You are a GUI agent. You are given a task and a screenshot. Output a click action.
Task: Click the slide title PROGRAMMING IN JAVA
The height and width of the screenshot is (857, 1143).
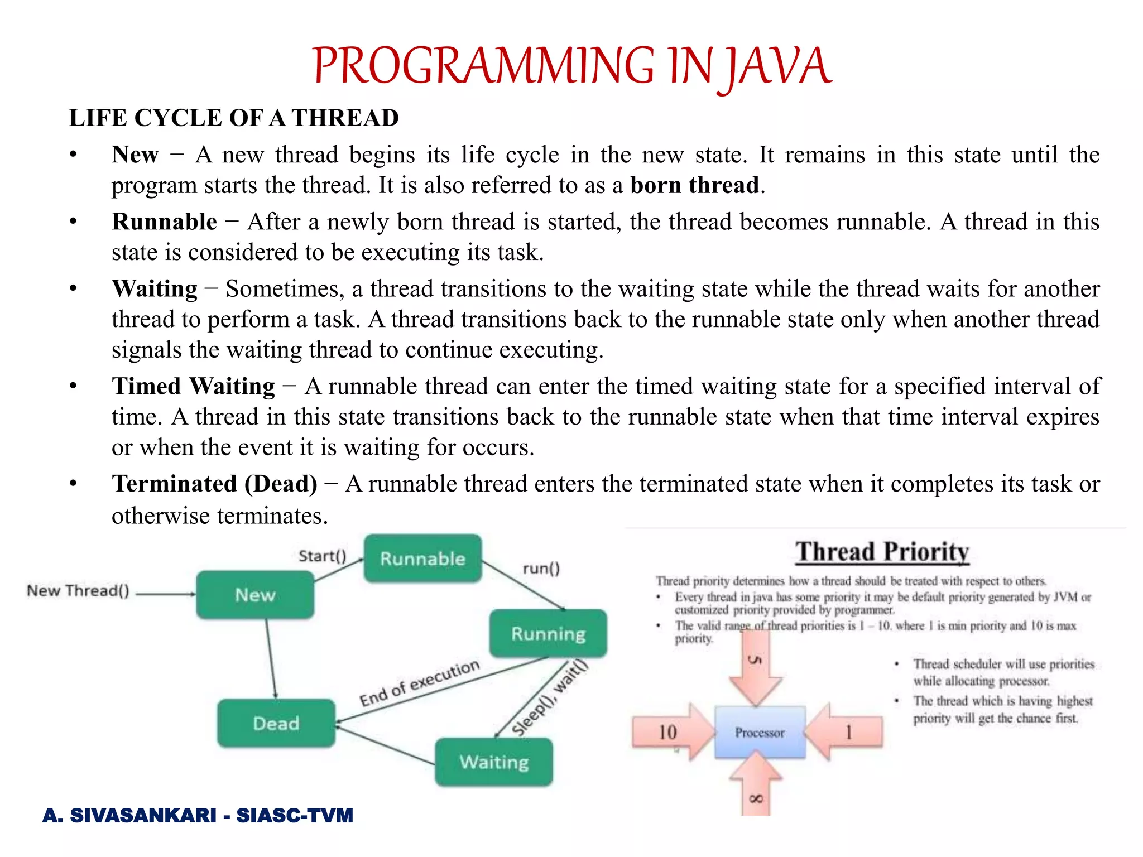[571, 66]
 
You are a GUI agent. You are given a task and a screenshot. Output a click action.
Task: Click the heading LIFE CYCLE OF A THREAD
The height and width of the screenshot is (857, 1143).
[234, 118]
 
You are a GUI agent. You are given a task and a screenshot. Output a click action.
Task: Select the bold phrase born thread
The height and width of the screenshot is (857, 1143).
[695, 185]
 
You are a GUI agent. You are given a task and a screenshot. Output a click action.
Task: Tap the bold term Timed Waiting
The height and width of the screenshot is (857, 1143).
[193, 386]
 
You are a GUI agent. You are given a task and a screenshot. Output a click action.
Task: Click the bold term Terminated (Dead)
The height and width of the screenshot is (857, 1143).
[214, 484]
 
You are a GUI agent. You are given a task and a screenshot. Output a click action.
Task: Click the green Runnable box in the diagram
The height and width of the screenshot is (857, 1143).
[422, 559]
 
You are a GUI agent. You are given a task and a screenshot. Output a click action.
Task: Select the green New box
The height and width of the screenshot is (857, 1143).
[255, 595]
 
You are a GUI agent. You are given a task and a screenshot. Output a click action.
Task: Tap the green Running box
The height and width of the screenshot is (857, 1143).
[548, 633]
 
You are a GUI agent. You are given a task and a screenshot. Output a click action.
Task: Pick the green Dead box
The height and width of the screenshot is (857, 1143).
[276, 723]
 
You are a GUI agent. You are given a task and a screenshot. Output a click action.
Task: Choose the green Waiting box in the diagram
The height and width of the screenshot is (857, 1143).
[494, 762]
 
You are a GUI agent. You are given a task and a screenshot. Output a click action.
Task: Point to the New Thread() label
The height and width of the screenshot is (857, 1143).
[78, 590]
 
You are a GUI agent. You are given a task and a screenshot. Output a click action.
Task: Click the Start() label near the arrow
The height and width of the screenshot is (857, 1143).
[322, 556]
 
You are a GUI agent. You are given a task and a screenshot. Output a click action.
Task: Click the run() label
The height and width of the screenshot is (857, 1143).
[541, 569]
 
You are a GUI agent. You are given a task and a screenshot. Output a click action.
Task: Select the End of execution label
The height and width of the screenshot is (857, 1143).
[420, 683]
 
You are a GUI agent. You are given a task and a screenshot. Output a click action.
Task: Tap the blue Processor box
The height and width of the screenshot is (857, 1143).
[760, 733]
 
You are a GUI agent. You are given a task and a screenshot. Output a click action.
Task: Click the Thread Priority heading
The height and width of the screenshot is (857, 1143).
[882, 552]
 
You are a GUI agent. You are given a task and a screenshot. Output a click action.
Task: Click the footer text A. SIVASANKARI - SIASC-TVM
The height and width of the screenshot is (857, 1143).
[198, 815]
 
